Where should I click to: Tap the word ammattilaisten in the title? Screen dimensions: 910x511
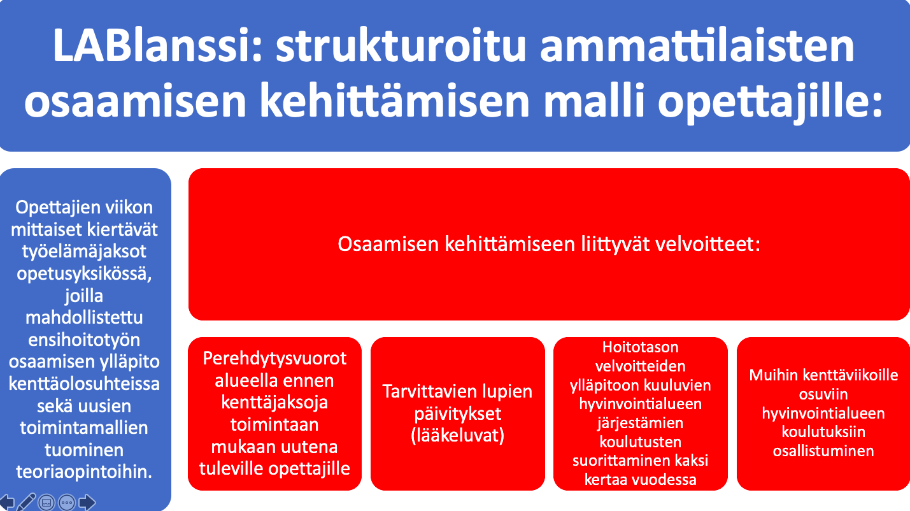click(697, 45)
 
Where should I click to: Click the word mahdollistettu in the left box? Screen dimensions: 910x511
click(84, 317)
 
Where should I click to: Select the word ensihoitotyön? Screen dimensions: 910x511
click(84, 340)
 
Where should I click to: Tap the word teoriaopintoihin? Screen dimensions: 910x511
click(84, 472)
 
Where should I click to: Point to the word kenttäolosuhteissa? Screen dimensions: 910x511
click(84, 384)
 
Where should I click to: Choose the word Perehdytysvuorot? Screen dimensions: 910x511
click(274, 359)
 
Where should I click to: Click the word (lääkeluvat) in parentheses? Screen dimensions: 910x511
click(458, 435)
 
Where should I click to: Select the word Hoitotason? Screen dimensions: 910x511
click(640, 347)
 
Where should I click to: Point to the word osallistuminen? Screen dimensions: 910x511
click(823, 451)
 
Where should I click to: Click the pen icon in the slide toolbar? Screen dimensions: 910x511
click(26, 502)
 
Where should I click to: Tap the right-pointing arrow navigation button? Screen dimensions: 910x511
click(87, 503)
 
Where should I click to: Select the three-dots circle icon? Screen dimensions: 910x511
click(67, 503)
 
